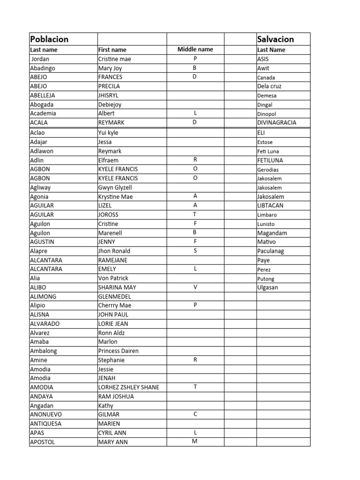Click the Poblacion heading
pos(49,39)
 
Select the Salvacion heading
pos(276,39)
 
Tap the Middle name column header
pos(195,49)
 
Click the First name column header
pos(112,50)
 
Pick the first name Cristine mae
pos(114,59)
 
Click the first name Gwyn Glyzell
pos(115,187)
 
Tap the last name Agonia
pos(39,197)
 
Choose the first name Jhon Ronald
pos(114,251)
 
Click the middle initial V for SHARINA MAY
pos(195,287)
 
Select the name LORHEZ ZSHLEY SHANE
pos(128,387)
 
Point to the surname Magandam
pos(272,233)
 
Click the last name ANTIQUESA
pos(45,424)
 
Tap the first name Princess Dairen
pos(118,351)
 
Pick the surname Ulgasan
pos(268,287)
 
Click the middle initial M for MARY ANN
pos(195,442)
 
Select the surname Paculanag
pos(270,251)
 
